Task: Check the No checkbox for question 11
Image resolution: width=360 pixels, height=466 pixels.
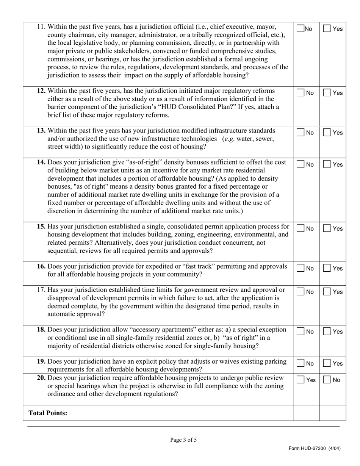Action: tap(300, 29)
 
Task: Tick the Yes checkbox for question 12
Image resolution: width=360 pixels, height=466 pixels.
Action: tap(327, 93)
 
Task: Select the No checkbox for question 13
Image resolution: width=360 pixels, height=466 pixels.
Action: tap(300, 133)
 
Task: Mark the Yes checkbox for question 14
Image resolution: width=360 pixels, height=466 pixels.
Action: tap(327, 165)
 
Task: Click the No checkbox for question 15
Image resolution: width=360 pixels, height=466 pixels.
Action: tap(300, 229)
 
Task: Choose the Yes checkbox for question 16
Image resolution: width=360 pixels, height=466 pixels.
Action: tap(327, 269)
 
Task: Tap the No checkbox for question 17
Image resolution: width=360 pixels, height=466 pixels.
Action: tap(300, 292)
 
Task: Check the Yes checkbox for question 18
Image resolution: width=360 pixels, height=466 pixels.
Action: tap(327, 332)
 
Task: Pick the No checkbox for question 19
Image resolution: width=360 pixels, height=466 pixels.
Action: tap(300, 364)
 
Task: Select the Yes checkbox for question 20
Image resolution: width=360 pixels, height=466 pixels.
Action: tap(300, 380)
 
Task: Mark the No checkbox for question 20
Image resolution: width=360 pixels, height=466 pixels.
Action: tap(327, 380)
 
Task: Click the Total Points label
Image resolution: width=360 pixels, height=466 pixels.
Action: tap(48, 413)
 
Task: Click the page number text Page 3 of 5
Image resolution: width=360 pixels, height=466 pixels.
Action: tap(183, 440)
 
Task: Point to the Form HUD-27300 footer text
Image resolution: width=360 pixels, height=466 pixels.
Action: tap(314, 449)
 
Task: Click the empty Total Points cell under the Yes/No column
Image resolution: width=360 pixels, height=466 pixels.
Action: tap(306, 413)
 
